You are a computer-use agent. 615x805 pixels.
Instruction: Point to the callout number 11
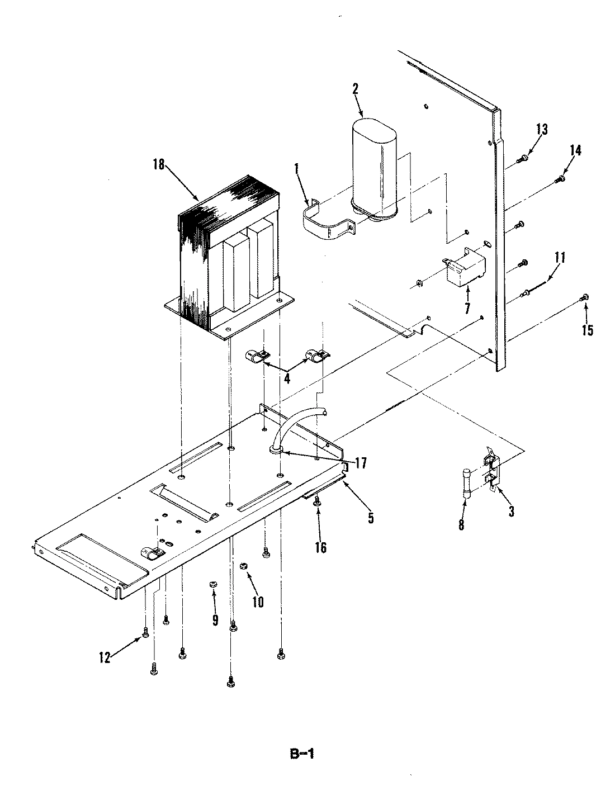tap(560, 258)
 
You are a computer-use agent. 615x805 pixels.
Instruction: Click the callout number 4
tap(286, 378)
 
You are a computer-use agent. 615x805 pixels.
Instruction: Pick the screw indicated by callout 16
tap(317, 503)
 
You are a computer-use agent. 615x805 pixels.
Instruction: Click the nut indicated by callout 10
tap(243, 567)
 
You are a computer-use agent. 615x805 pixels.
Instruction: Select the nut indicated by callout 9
tap(212, 584)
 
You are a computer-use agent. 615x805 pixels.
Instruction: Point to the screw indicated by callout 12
tap(145, 633)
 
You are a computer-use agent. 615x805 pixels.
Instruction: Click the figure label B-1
tap(301, 754)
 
